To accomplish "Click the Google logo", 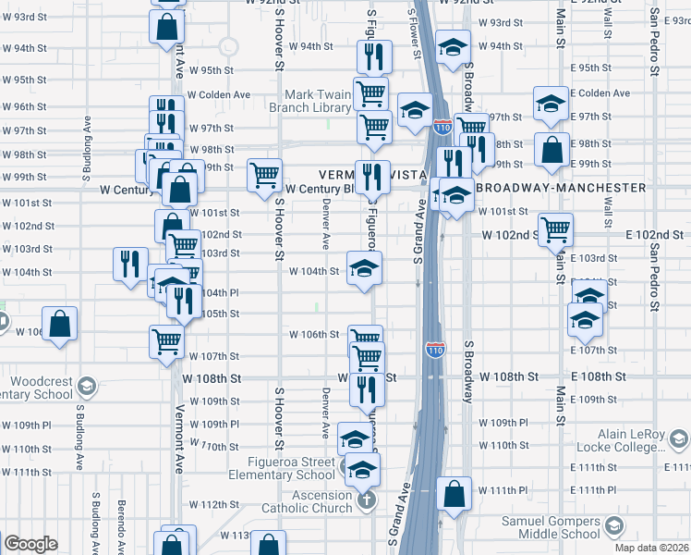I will coord(30,544).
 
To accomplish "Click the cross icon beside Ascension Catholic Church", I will coord(367,501).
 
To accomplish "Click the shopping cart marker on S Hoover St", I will coord(264,172).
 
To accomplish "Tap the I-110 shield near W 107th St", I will coord(435,350).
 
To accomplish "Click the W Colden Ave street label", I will coord(219,94).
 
